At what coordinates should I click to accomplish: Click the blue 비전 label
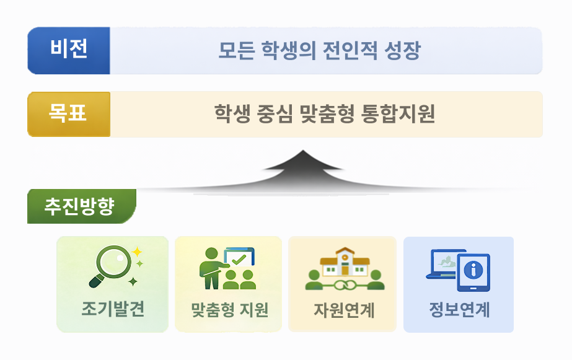point(69,50)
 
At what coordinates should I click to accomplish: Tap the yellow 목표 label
point(69,114)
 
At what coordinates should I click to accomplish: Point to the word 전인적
point(348,51)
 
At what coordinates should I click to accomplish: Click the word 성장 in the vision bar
point(400,51)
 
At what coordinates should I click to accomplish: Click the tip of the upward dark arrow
point(302,152)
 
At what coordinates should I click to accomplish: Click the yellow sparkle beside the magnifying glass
point(136,252)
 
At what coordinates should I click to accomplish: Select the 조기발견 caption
point(112,309)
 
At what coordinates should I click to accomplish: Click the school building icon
point(345,263)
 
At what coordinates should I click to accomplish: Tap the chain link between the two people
point(345,285)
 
